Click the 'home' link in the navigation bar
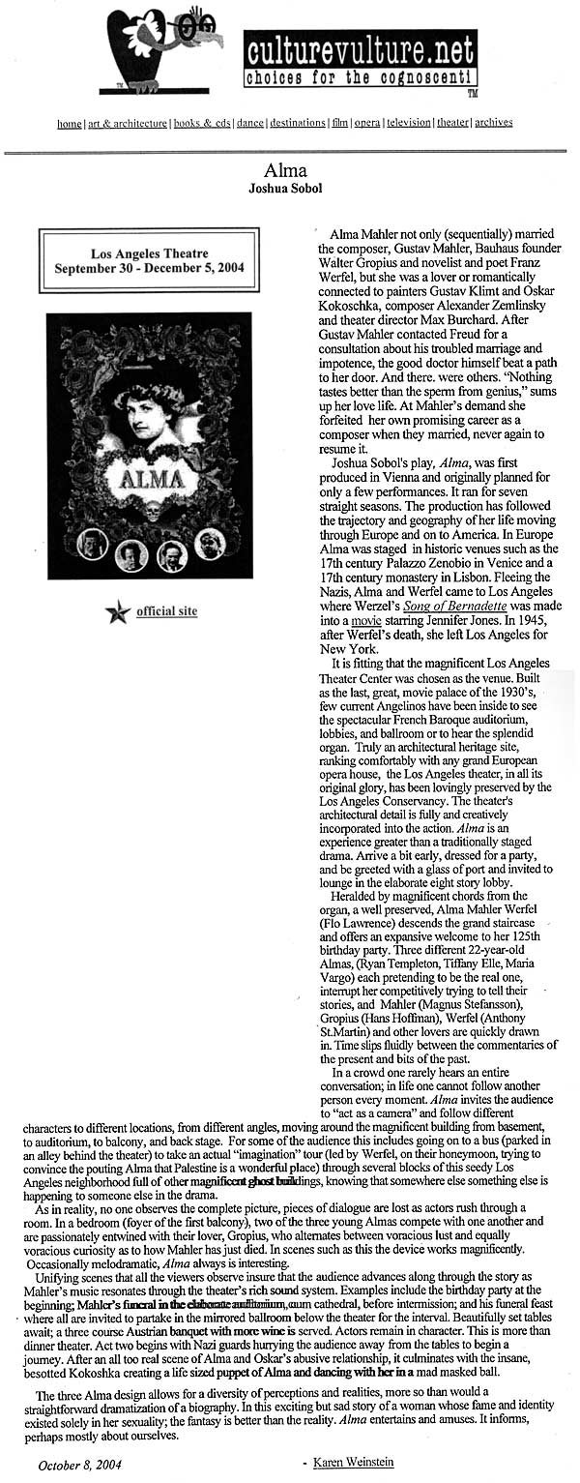tap(69, 123)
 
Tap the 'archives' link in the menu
tap(493, 123)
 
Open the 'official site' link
tap(166, 611)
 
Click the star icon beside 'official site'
tap(119, 612)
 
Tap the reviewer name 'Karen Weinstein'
tap(354, 1463)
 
